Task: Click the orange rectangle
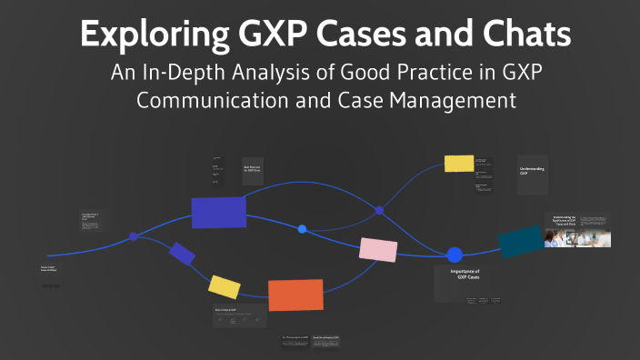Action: [295, 295]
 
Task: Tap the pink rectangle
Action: [378, 249]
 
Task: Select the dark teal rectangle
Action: [521, 240]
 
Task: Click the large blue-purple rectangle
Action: [218, 212]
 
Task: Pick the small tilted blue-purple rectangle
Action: [182, 254]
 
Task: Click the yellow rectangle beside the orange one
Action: [224, 286]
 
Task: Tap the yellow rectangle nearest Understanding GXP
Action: [459, 164]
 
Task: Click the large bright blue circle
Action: [455, 255]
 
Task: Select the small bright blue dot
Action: [302, 229]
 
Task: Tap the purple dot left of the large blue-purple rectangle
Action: [134, 236]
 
